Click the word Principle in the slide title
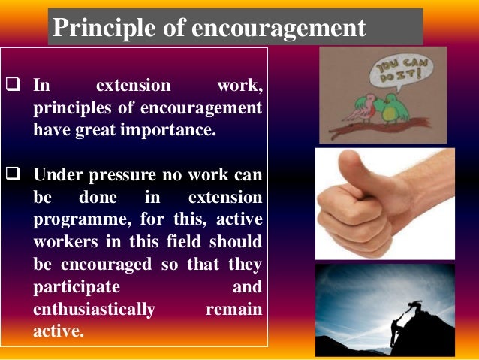pyautogui.click(x=94, y=29)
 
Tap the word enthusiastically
pyautogui.click(x=95, y=310)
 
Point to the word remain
pyautogui.click(x=233, y=310)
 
